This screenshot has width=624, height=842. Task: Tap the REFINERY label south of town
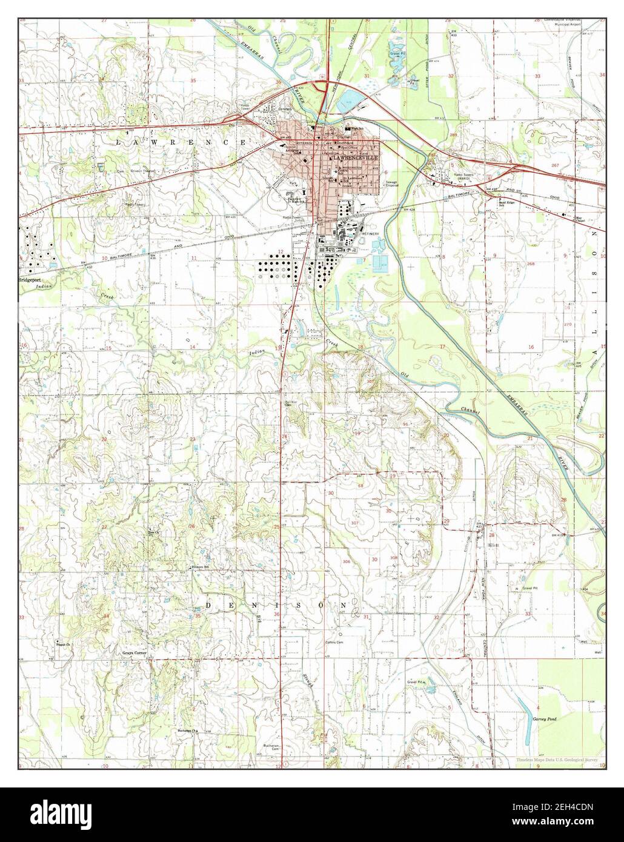(370, 233)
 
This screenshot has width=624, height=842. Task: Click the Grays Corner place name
(134, 653)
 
